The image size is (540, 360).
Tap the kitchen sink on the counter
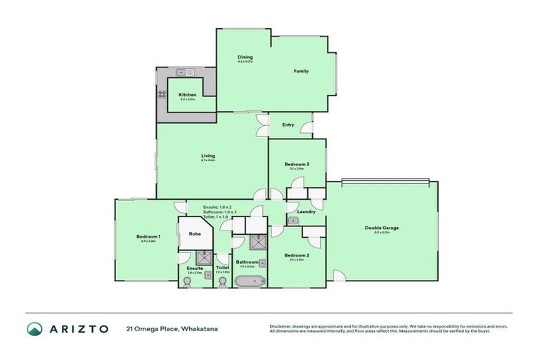pos(185,72)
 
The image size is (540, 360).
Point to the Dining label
pos(245,57)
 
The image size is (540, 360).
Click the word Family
pos(301,71)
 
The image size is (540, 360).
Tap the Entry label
pos(288,125)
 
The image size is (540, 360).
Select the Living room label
pos(207,155)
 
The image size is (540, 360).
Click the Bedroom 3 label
pos(297,164)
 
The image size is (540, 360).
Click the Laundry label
pos(306,212)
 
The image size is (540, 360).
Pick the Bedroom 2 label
pos(296,255)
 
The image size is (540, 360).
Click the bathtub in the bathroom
pos(251,282)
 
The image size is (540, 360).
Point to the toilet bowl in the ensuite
pos(186,281)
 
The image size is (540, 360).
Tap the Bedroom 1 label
pos(148,237)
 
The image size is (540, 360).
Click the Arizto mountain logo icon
pos(35,329)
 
